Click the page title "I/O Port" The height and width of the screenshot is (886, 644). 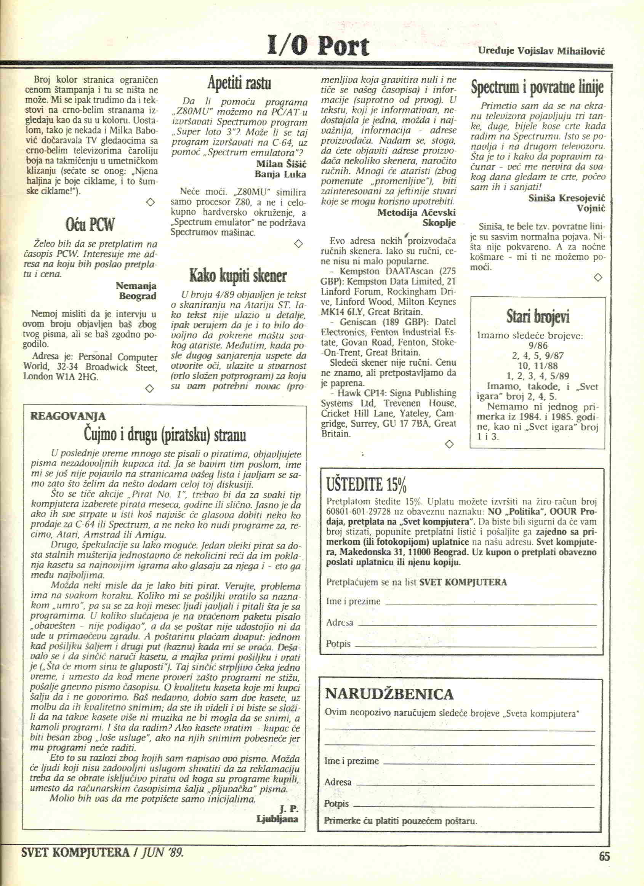click(318, 46)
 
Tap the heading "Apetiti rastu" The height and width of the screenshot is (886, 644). click(239, 83)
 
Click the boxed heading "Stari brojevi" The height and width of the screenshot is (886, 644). click(538, 317)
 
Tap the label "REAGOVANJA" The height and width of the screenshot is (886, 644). click(67, 416)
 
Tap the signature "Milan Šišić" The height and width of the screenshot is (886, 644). click(280, 164)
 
